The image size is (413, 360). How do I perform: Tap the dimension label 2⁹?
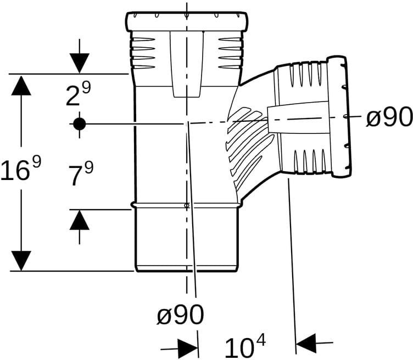(x=78, y=93)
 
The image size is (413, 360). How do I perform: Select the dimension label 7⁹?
(x=81, y=173)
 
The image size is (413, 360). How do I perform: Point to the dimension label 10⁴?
(x=245, y=345)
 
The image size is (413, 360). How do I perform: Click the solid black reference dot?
(x=79, y=123)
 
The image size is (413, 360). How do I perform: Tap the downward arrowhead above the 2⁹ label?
(x=79, y=63)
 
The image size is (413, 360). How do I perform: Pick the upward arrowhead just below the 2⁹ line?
(x=21, y=85)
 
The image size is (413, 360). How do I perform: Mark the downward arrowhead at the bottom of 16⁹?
(x=21, y=261)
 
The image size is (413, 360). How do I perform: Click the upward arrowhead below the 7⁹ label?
(x=79, y=220)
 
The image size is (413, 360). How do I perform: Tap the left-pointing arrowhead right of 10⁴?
(x=306, y=343)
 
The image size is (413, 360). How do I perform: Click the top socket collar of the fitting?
(x=187, y=21)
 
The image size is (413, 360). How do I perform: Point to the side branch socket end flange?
(x=340, y=116)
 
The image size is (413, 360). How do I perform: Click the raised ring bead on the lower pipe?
(x=187, y=205)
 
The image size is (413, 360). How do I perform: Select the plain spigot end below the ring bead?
(x=187, y=239)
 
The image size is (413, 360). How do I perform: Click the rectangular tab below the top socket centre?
(x=187, y=64)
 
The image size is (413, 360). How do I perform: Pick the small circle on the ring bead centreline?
(x=187, y=205)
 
